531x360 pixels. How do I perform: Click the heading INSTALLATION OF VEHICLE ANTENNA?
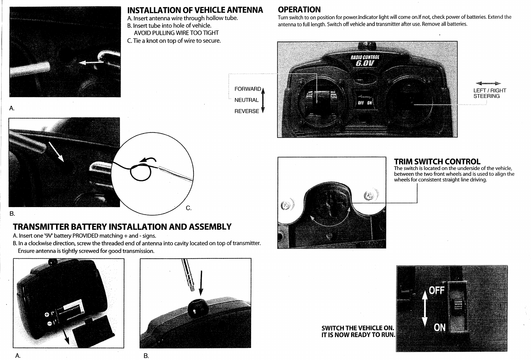195,10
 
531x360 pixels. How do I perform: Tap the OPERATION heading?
299,9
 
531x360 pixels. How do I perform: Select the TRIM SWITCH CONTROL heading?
437,161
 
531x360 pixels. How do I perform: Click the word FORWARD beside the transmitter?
248,89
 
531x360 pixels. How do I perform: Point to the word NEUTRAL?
246,100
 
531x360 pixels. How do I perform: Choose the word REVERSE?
247,111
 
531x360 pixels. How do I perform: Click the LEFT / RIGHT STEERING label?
490,93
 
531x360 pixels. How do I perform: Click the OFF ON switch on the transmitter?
365,103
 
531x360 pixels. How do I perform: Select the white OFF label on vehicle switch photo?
437,290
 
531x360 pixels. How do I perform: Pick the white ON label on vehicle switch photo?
439,327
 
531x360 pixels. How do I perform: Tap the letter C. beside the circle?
189,208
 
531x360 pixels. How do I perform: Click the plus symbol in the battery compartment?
47,314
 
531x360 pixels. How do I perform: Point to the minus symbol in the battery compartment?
49,324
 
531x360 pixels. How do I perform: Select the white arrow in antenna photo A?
90,63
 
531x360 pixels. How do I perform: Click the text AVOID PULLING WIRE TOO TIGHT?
176,33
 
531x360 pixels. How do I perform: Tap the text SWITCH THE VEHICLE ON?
357,328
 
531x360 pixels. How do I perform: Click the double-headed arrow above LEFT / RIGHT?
489,84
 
